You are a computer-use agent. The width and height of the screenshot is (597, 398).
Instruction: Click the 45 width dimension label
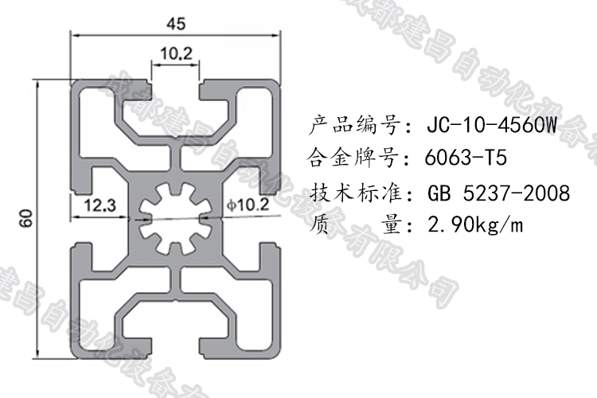tap(176, 23)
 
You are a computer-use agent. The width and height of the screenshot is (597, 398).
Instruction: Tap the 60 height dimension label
tap(26, 218)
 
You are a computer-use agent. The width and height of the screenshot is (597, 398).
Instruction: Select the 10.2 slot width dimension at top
tap(176, 54)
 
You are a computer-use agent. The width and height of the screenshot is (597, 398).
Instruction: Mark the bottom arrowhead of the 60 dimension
tap(41, 353)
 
